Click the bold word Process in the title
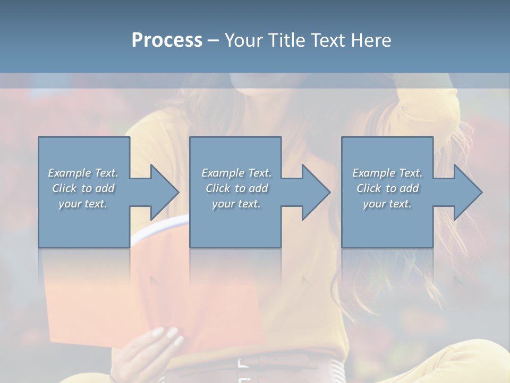coord(167,40)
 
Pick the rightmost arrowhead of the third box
coord(467,192)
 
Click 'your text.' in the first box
coord(83,204)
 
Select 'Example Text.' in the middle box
coord(236,173)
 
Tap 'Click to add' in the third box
coord(388,188)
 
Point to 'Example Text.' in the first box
coord(83,173)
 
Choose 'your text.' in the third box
coord(387,204)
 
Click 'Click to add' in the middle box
coord(236,188)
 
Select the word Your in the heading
coord(244,40)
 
